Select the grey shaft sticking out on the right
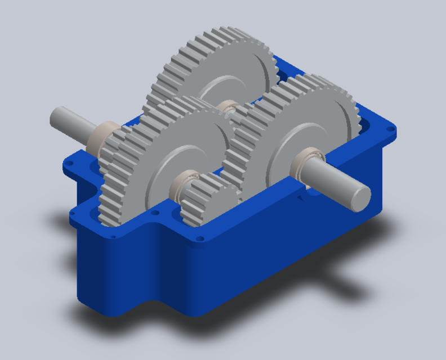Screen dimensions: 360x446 (x=338, y=182)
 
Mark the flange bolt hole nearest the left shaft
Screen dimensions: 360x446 (x=71, y=164)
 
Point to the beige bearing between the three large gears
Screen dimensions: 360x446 (x=228, y=107)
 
